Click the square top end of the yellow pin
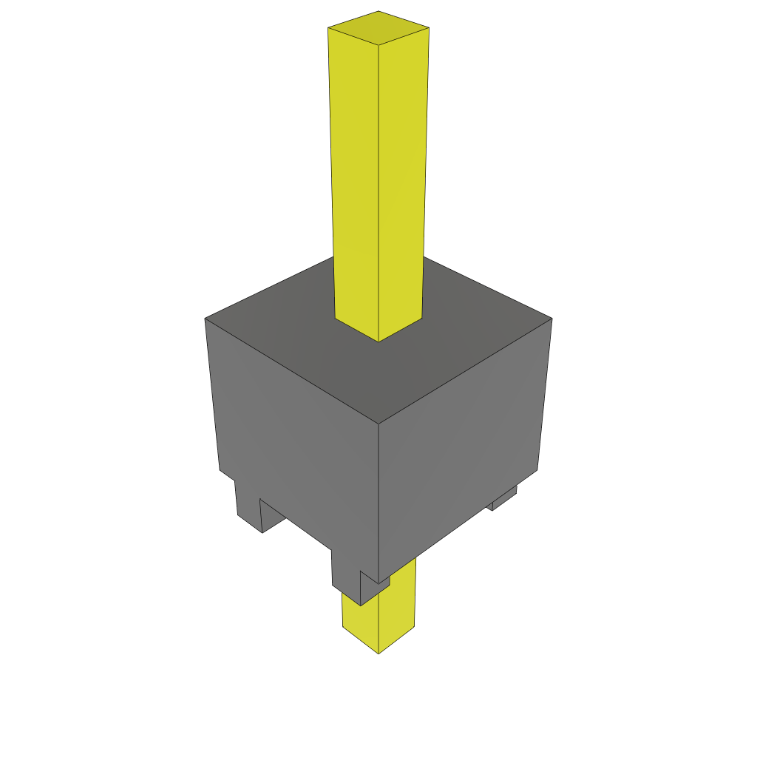coord(378,28)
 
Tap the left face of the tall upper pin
coord(355,177)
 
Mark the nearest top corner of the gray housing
coord(378,424)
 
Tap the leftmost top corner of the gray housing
coord(206,319)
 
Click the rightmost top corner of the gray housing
coord(551,319)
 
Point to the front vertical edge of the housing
coord(378,503)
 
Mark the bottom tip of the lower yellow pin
coord(378,652)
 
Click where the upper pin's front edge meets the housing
coord(378,341)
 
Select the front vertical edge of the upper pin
coord(378,192)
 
